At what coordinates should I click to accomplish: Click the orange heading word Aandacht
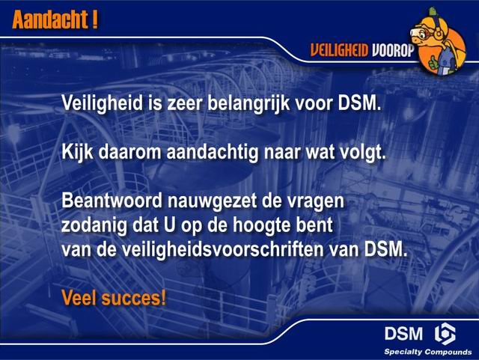[50, 19]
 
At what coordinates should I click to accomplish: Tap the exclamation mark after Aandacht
[95, 19]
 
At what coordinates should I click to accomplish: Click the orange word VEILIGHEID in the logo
[339, 50]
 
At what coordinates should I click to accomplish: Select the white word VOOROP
[393, 50]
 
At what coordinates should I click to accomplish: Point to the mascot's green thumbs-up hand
[433, 62]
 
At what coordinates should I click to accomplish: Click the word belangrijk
[248, 103]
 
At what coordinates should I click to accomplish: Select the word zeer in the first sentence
[184, 104]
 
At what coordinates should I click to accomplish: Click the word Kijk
[77, 152]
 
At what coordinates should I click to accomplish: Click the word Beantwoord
[112, 201]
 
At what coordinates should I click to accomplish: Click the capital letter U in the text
[170, 225]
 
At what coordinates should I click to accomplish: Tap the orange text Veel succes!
[114, 298]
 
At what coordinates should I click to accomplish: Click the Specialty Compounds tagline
[428, 352]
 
